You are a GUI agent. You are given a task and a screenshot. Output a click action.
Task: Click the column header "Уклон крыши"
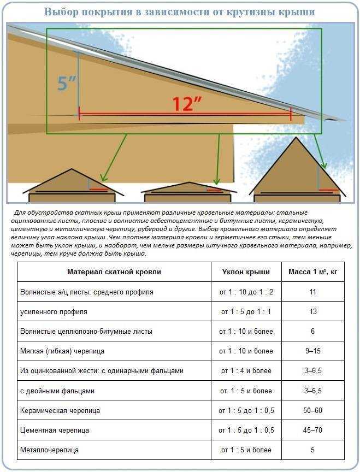pos(246,272)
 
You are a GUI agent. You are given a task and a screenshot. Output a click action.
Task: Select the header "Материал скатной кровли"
pos(114,272)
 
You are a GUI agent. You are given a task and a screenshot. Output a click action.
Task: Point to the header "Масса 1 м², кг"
pos(312,272)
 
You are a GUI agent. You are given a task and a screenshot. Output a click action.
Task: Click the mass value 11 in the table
pos(312,292)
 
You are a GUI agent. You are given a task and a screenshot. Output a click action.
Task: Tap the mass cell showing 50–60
pos(312,410)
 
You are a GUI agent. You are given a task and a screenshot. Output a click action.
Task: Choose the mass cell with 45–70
pos(312,430)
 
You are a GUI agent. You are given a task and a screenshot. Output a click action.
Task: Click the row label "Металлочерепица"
pos(49,450)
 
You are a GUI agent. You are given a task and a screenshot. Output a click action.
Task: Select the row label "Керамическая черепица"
pos(60,410)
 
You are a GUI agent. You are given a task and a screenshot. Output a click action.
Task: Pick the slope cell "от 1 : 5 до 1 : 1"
pos(246,311)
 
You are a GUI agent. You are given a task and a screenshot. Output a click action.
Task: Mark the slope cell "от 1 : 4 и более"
pos(246,370)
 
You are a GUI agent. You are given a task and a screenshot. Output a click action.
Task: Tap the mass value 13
pos(312,311)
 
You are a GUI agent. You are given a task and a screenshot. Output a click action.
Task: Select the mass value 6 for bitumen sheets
pos(312,331)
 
